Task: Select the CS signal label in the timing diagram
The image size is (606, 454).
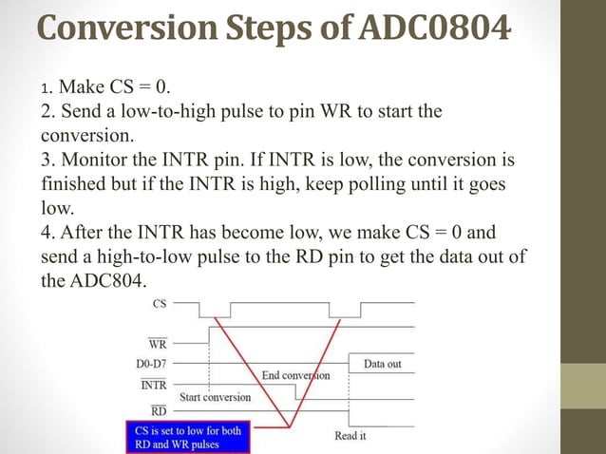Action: pyautogui.click(x=160, y=305)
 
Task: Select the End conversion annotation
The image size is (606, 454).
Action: pyautogui.click(x=295, y=375)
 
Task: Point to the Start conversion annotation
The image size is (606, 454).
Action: pyautogui.click(x=216, y=397)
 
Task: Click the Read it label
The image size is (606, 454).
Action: pyautogui.click(x=350, y=435)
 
